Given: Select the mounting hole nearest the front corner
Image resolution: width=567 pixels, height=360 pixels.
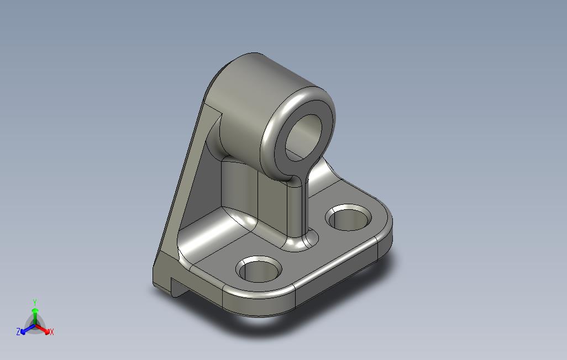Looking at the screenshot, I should coord(259,269).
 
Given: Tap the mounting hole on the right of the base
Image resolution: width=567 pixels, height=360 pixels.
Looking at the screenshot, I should coord(350,218).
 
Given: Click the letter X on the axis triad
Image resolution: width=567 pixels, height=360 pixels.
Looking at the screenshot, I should coord(52,332).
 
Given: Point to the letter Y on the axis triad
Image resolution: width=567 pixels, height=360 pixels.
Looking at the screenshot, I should coord(34,302).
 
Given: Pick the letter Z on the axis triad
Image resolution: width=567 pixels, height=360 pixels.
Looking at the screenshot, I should coord(18,332).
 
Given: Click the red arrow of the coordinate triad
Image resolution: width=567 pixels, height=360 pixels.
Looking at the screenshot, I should coord(45,330).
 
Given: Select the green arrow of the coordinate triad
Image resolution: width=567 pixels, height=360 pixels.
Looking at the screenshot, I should coord(35,313).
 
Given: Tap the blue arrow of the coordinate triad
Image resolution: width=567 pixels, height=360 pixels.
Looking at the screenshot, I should coord(25,330).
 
